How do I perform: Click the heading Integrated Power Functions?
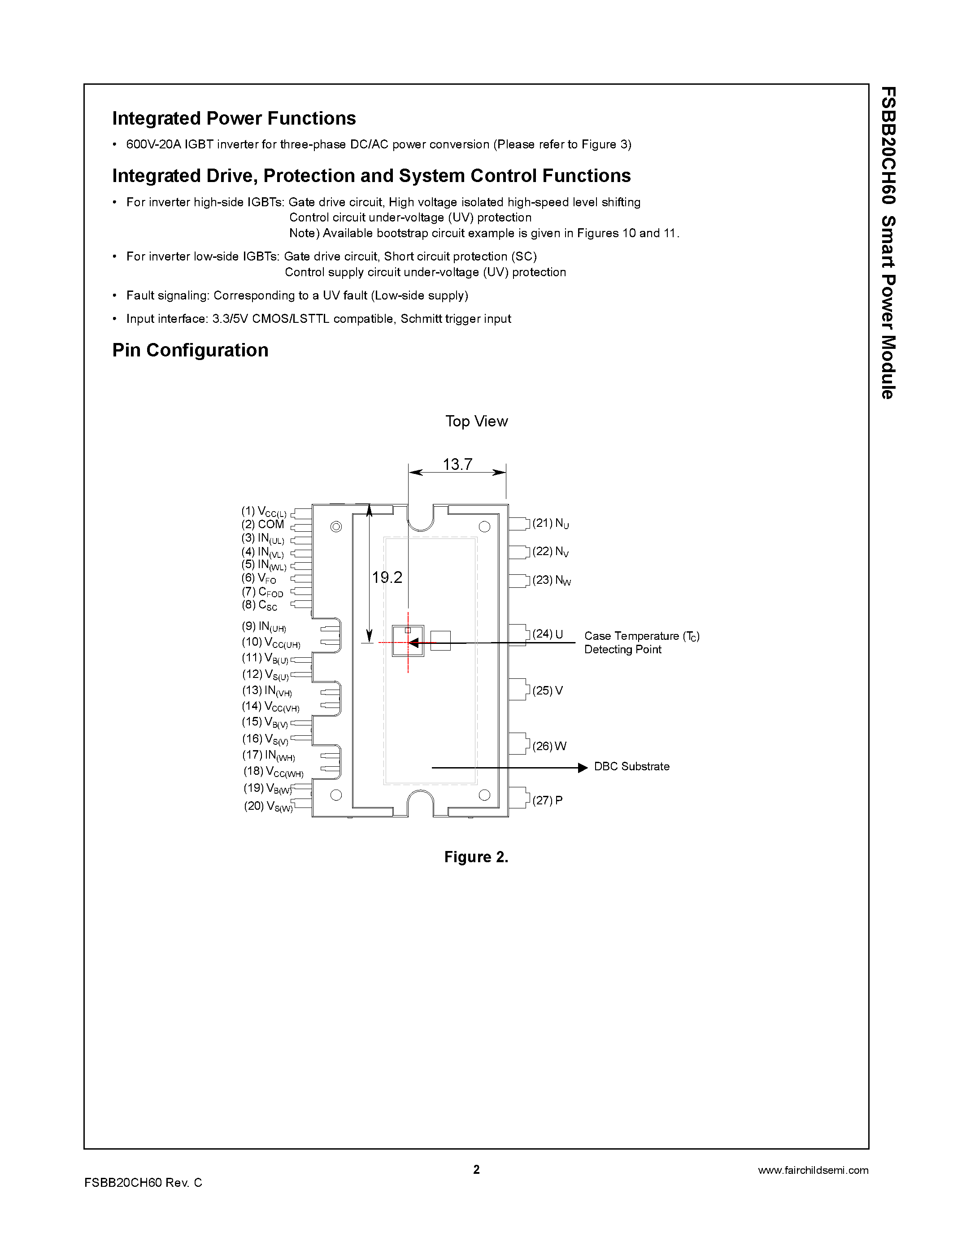point(234,118)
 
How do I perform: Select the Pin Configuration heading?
point(190,351)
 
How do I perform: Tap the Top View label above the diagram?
point(476,421)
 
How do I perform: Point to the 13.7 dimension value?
point(457,464)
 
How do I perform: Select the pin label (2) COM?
point(262,525)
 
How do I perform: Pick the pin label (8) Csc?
point(260,605)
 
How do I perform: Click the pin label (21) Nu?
point(550,523)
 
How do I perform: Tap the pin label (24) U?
point(548,634)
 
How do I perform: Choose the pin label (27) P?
point(547,800)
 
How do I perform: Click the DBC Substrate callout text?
point(631,767)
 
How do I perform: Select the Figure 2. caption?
point(476,857)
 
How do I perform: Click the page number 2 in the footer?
point(476,1169)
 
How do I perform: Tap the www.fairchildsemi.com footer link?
point(813,1170)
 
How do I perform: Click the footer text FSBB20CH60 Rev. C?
point(143,1183)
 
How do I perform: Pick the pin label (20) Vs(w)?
point(268,806)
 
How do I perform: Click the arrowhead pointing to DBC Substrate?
point(583,768)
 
